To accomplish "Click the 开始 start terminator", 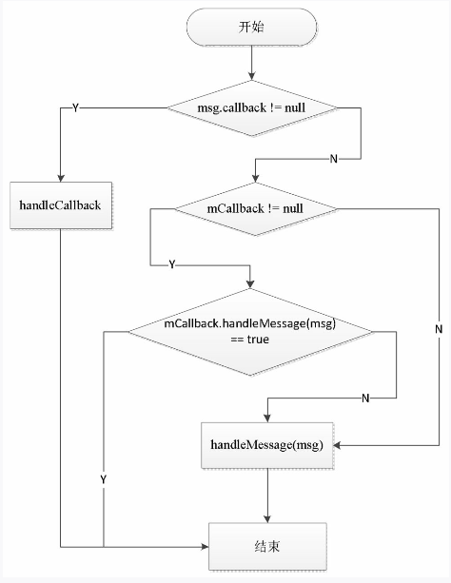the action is (x=251, y=28).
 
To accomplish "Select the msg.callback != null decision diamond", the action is (x=252, y=108).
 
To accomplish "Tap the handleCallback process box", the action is (x=61, y=205).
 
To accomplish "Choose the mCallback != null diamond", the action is (x=256, y=208).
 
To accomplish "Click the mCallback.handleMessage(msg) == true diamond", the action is (x=250, y=332).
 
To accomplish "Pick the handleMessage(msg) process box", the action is (x=267, y=445).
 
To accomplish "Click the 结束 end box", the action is (x=267, y=547).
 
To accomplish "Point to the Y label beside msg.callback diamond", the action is (x=75, y=108).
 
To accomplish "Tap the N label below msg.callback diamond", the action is (x=334, y=159).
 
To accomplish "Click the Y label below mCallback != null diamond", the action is (x=171, y=264).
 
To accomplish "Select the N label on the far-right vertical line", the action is (x=439, y=329).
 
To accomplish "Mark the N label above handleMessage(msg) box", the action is (x=365, y=398).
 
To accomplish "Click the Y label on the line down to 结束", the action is (x=103, y=479).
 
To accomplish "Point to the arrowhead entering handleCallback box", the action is (x=61, y=178).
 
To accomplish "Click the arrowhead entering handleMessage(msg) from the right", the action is (x=338, y=445).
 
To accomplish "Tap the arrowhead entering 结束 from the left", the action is (x=205, y=547).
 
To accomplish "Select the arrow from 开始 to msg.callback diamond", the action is (x=252, y=63).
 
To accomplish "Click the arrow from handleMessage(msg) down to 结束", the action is (x=267, y=496).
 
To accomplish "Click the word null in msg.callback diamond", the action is (x=295, y=108).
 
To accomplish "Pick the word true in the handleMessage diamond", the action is (x=258, y=340).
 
